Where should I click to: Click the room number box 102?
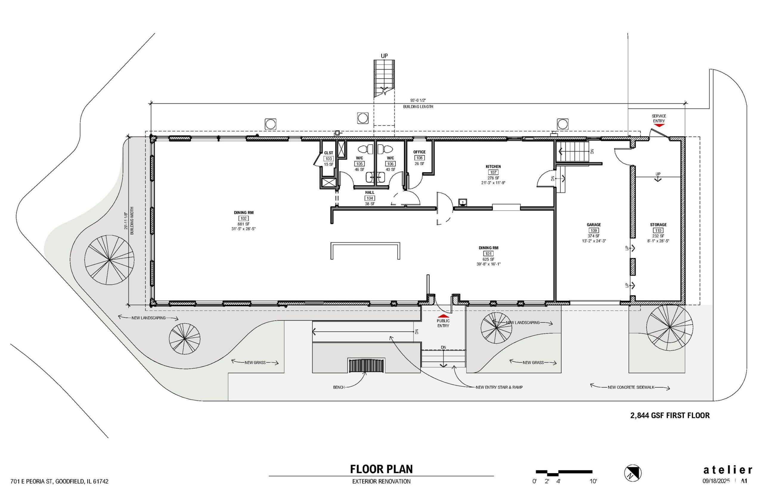(x=244, y=218)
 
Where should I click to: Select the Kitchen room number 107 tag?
(x=493, y=172)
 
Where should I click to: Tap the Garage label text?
(x=593, y=225)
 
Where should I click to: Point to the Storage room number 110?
(x=658, y=230)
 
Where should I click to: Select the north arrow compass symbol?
(x=633, y=473)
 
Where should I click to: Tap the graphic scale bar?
(x=564, y=473)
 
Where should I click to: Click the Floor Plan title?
(x=381, y=469)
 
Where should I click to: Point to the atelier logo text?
(x=728, y=470)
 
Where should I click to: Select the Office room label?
(x=419, y=152)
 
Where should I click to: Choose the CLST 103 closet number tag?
(x=328, y=158)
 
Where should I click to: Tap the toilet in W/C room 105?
(x=365, y=149)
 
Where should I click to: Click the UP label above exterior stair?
(x=384, y=56)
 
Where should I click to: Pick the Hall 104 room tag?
(x=370, y=198)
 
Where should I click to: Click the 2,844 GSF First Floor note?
(x=670, y=416)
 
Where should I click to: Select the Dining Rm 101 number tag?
(x=488, y=254)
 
